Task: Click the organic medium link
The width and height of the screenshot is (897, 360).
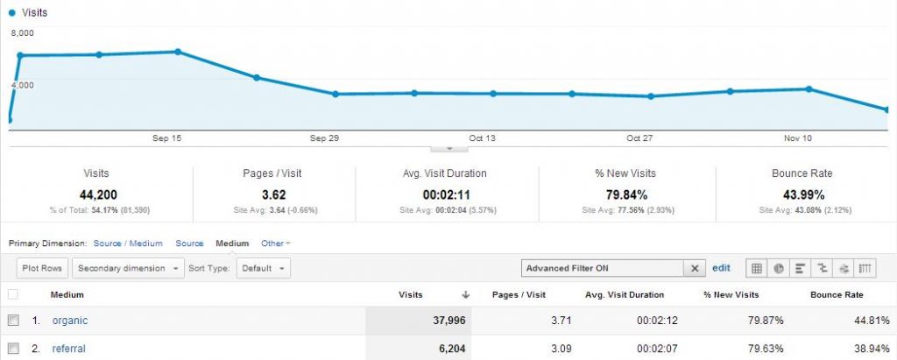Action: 69,321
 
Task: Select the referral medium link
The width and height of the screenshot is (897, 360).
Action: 68,349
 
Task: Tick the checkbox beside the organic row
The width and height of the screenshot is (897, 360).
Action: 13,321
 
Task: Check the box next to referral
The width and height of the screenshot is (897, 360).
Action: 13,349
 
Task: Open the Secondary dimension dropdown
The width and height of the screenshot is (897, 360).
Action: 129,268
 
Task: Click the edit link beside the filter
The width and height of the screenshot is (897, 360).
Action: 721,268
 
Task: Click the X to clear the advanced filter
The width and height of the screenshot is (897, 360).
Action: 695,268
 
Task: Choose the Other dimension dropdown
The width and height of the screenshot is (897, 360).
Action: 275,244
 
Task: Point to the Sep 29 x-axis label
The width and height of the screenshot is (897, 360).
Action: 323,138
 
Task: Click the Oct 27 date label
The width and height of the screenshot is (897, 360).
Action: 639,138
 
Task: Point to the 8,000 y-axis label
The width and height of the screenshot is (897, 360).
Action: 23,33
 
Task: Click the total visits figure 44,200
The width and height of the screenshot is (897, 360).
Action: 96,194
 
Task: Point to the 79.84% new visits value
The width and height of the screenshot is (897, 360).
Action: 625,194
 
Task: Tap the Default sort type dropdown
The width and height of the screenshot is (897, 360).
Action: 262,268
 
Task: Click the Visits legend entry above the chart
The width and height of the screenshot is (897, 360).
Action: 32,14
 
